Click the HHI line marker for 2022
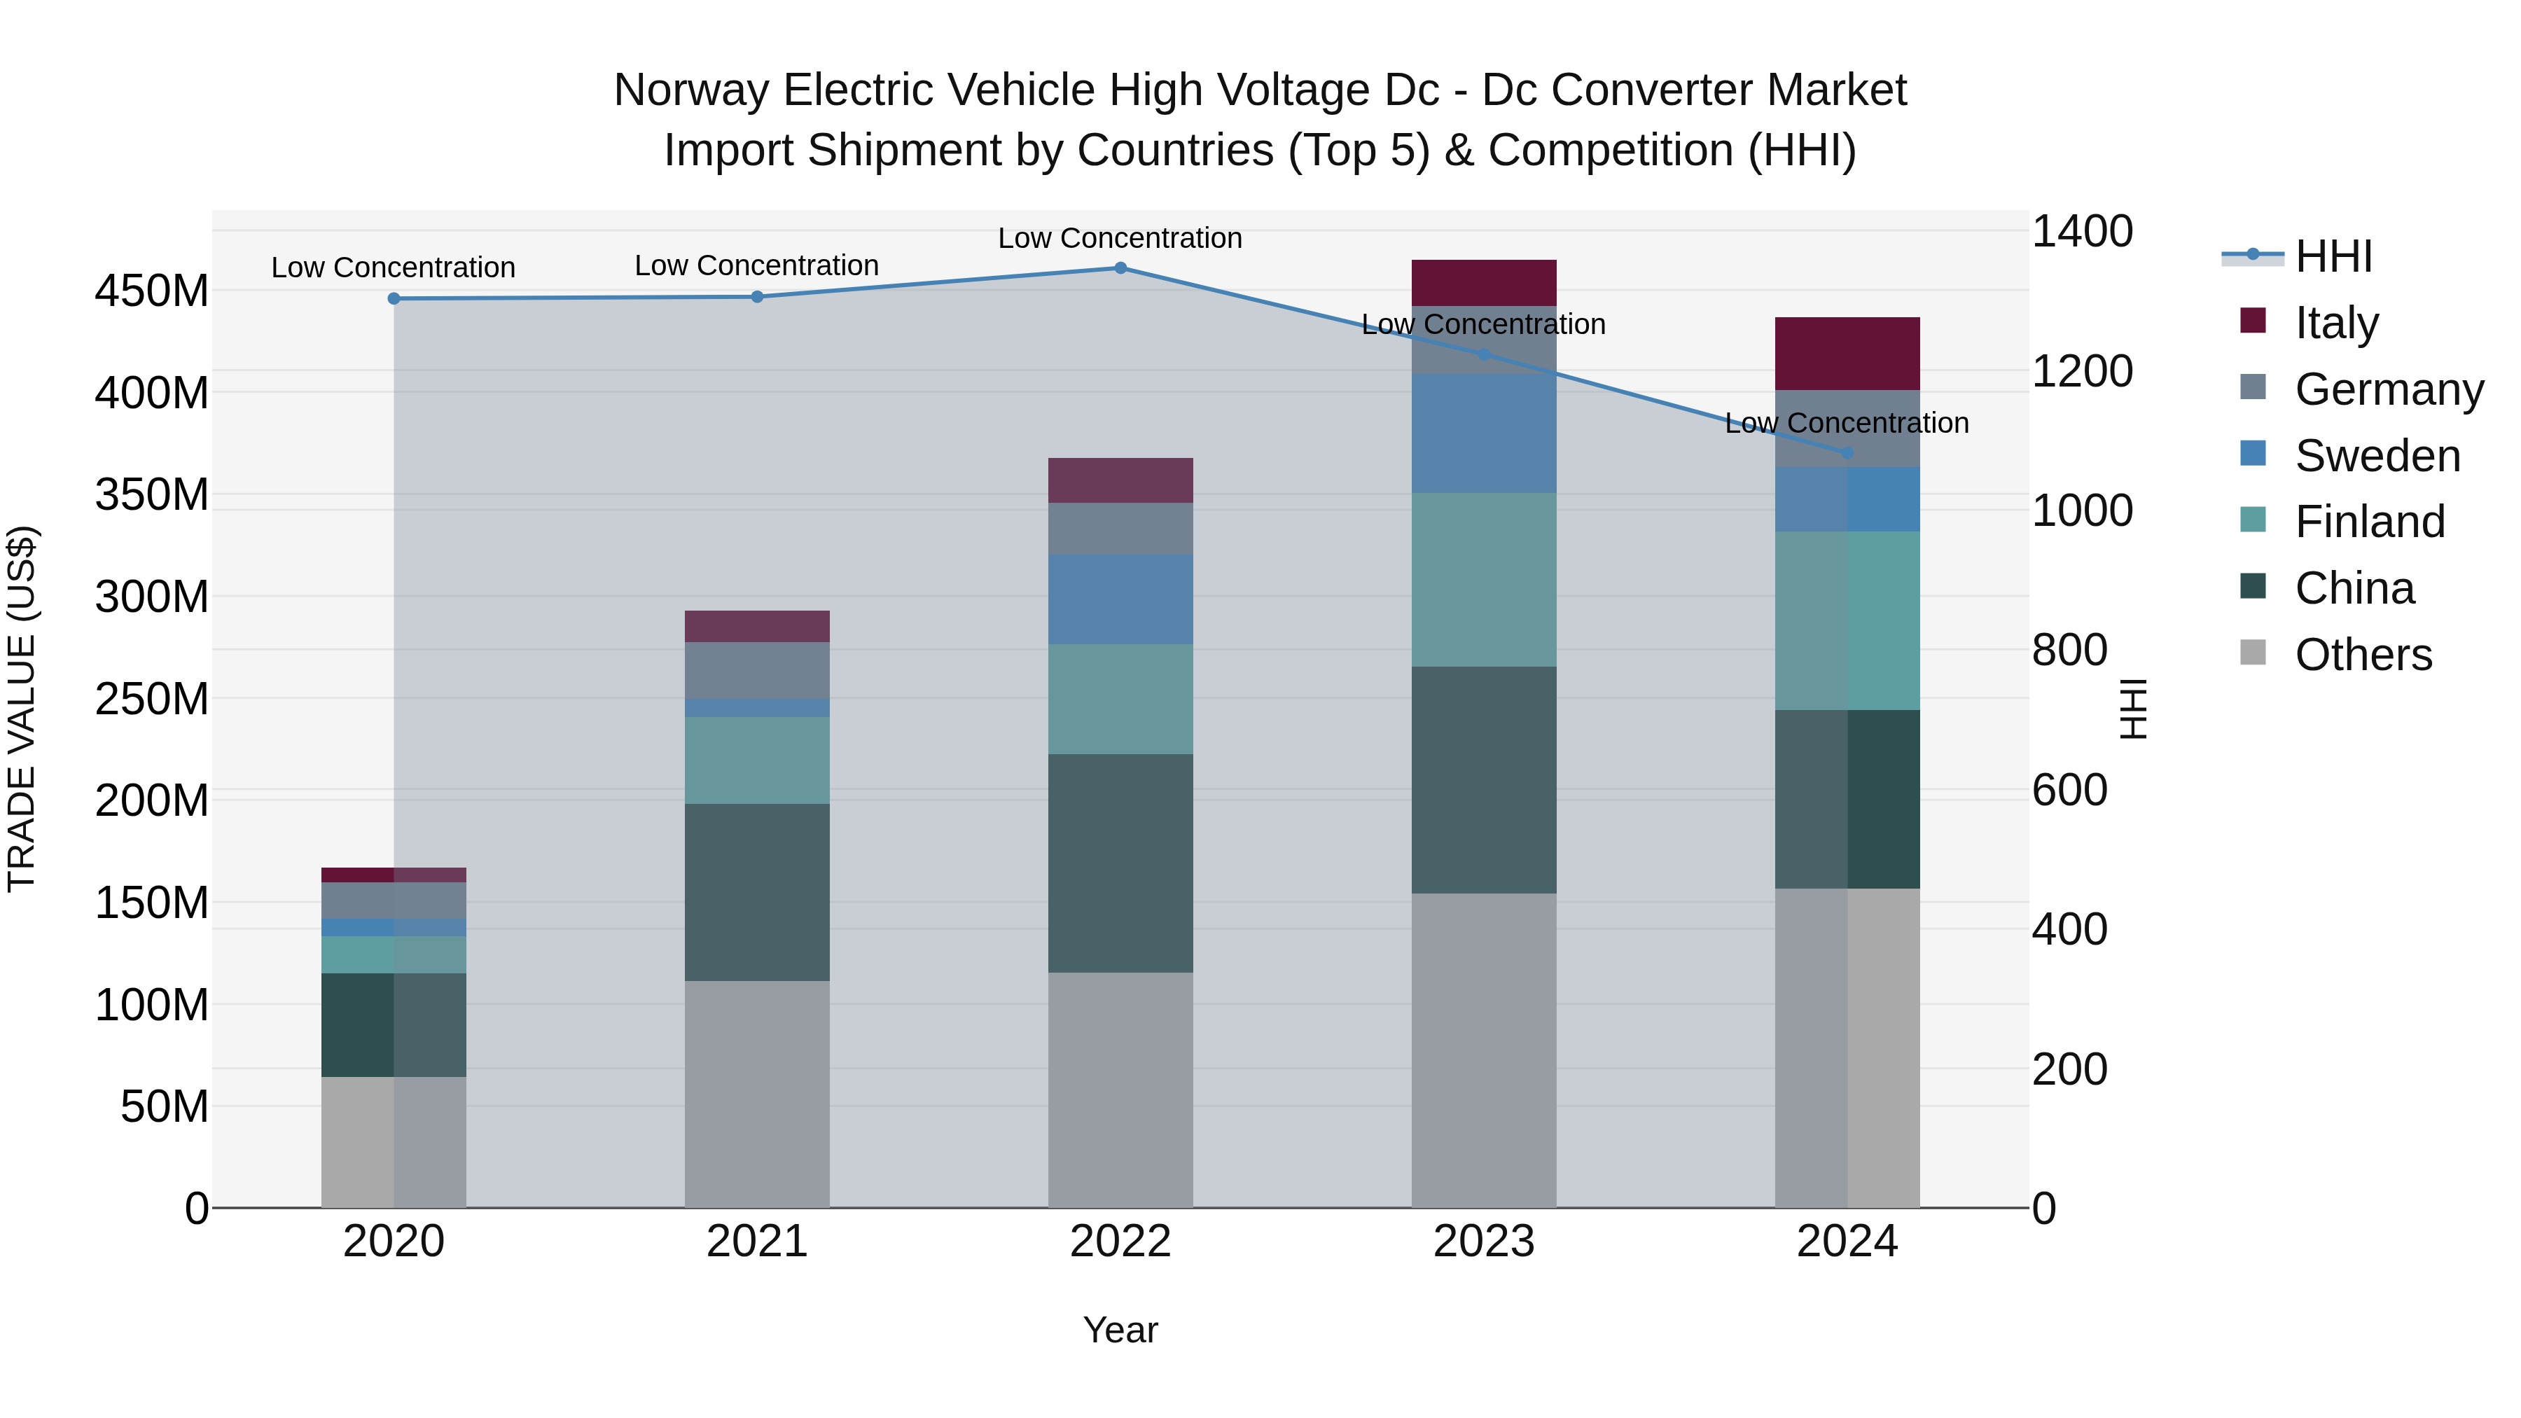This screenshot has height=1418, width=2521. point(1120,268)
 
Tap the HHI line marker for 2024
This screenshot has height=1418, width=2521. point(1847,453)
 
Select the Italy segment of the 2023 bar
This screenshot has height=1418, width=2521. point(1484,283)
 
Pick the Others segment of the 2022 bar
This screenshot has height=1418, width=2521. point(1120,1089)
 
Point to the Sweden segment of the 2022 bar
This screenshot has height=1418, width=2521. point(1120,599)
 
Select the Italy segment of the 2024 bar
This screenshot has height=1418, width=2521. point(1847,354)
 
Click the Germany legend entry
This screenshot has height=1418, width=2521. point(2388,389)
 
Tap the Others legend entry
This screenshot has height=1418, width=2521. point(2363,655)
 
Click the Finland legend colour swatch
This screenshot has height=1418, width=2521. point(2253,520)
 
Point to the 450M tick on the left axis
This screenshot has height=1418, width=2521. point(152,291)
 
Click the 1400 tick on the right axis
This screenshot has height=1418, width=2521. point(2082,232)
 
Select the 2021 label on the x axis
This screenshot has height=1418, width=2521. point(756,1242)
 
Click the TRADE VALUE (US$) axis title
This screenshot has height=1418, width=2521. point(22,709)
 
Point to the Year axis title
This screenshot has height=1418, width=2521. point(1120,1330)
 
